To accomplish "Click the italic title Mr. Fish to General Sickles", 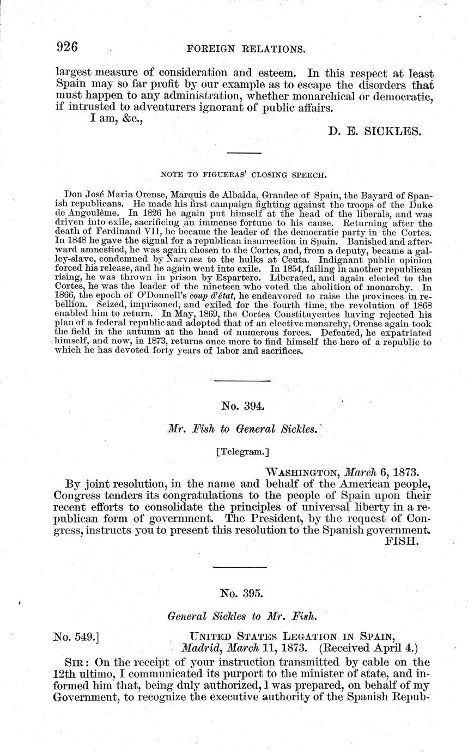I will (243, 429).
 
